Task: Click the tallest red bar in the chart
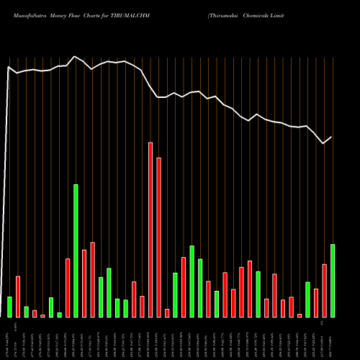tap(150, 230)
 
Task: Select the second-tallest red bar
tap(158, 238)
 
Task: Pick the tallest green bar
tap(76, 251)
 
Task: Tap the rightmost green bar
tap(333, 281)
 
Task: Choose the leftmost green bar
tap(9, 307)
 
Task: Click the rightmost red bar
tap(325, 291)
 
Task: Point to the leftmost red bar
tap(18, 297)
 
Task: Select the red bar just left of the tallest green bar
tap(68, 288)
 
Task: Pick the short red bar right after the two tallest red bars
tap(167, 313)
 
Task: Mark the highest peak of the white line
tap(75, 56)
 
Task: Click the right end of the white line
tap(332, 137)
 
